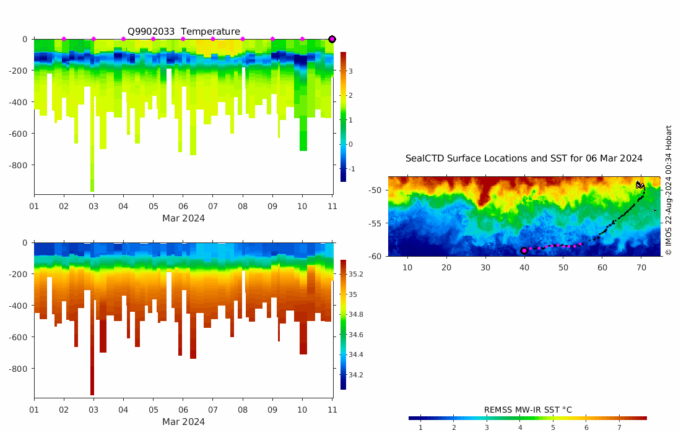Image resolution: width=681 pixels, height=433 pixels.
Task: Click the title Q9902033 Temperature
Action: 184,32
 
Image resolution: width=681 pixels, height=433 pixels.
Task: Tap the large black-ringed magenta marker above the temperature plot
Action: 332,39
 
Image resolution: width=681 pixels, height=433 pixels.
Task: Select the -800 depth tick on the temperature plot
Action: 19,165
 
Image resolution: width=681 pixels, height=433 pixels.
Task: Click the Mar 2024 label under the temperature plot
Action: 183,218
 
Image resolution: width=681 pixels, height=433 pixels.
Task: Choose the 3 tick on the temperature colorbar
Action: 350,71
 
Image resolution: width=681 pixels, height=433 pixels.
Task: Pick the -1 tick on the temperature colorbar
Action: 352,169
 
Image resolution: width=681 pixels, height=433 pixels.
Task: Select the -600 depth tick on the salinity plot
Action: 19,337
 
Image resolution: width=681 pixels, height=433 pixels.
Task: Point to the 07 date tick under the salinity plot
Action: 213,409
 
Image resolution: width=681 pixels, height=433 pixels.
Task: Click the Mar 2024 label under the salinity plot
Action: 183,422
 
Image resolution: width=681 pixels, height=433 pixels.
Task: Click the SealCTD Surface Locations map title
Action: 524,158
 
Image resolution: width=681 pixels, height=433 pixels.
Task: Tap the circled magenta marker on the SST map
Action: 524,251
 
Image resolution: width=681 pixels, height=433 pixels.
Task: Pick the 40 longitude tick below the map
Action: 524,267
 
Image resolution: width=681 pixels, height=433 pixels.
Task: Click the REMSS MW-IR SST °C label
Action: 527,409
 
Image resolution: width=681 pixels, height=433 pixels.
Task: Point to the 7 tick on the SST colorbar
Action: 619,427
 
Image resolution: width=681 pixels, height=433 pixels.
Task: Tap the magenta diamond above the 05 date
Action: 153,39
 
